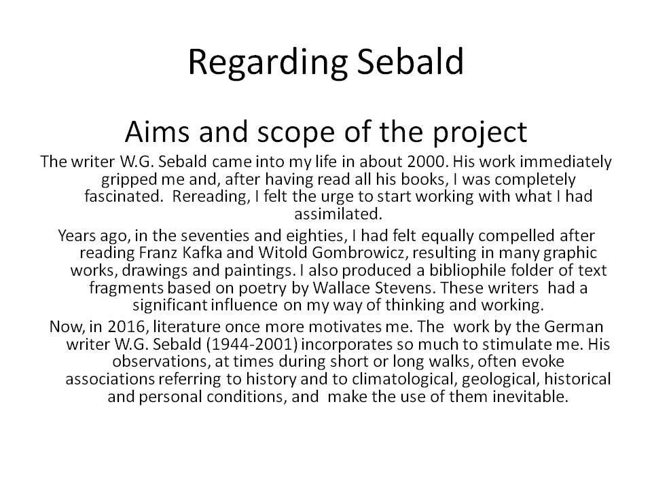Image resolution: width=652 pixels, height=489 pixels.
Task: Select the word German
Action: [x=549, y=325]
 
